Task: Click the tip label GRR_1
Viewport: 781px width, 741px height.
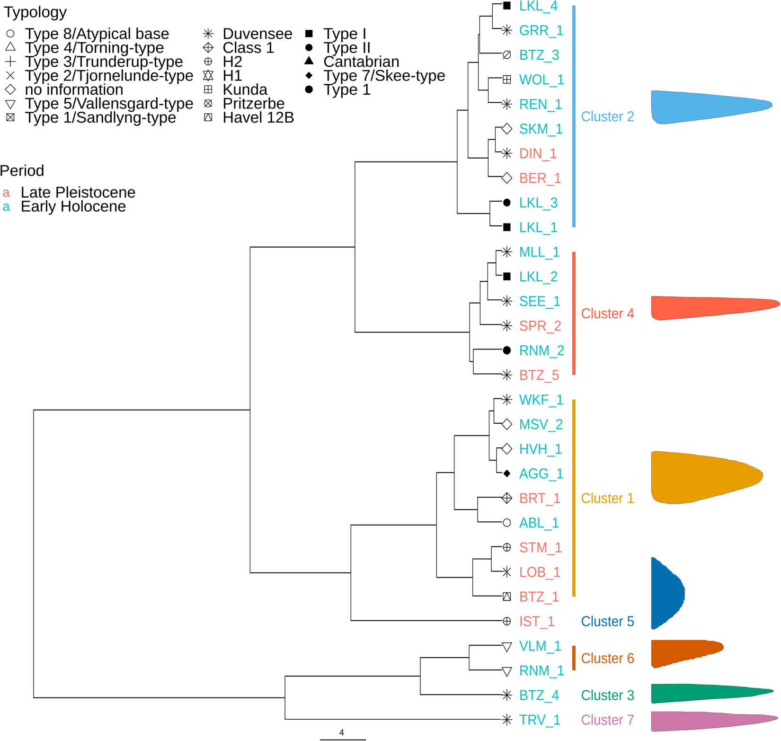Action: (x=541, y=31)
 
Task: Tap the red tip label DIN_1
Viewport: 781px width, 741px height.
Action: (x=538, y=154)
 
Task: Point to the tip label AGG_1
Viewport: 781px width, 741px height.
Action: (x=541, y=474)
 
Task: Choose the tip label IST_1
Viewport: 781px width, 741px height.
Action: (x=536, y=622)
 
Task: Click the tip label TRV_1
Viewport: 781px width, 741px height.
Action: (x=540, y=720)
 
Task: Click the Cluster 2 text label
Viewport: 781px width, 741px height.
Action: (x=607, y=117)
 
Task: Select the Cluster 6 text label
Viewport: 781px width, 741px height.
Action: (x=607, y=659)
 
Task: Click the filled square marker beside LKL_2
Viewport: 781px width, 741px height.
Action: (x=507, y=277)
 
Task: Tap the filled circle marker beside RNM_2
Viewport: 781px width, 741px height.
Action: (x=507, y=350)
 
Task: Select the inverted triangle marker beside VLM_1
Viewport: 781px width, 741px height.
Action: (x=507, y=646)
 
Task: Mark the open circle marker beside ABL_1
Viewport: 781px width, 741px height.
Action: (x=507, y=523)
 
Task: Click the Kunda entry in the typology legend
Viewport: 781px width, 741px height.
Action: (x=245, y=90)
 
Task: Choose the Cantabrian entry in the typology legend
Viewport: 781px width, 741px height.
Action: (x=361, y=62)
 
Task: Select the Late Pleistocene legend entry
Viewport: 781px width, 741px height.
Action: (x=78, y=193)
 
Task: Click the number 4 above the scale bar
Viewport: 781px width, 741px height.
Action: (x=342, y=732)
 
